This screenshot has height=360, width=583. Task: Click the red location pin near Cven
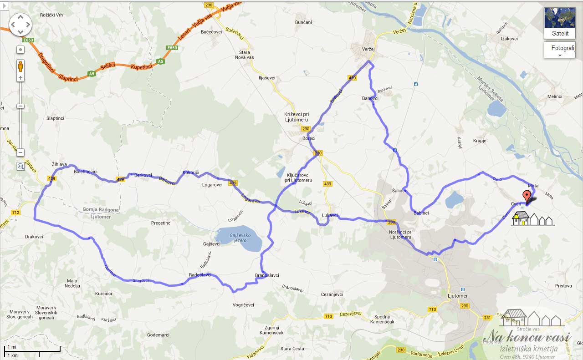pyautogui.click(x=527, y=197)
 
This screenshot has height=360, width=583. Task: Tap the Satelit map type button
pyautogui.click(x=560, y=23)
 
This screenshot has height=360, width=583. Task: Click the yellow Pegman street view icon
pyautogui.click(x=20, y=66)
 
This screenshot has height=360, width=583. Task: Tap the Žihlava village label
pyautogui.click(x=59, y=164)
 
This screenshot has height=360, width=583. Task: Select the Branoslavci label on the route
pyautogui.click(x=267, y=275)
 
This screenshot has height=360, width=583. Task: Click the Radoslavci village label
pyautogui.click(x=200, y=275)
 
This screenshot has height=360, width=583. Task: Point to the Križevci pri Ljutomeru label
pyautogui.click(x=296, y=117)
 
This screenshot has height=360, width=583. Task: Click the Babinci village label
pyautogui.click(x=421, y=213)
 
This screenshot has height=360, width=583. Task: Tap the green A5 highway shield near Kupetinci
pyautogui.click(x=160, y=61)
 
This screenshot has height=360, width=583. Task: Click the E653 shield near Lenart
pyautogui.click(x=172, y=48)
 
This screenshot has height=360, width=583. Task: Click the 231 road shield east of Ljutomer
pyautogui.click(x=488, y=318)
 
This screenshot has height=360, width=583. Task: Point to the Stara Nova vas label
pyautogui.click(x=244, y=55)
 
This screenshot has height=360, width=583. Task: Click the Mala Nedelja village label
pyautogui.click(x=73, y=283)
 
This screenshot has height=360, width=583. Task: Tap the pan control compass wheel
pyautogui.click(x=20, y=24)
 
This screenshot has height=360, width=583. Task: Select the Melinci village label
pyautogui.click(x=555, y=96)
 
